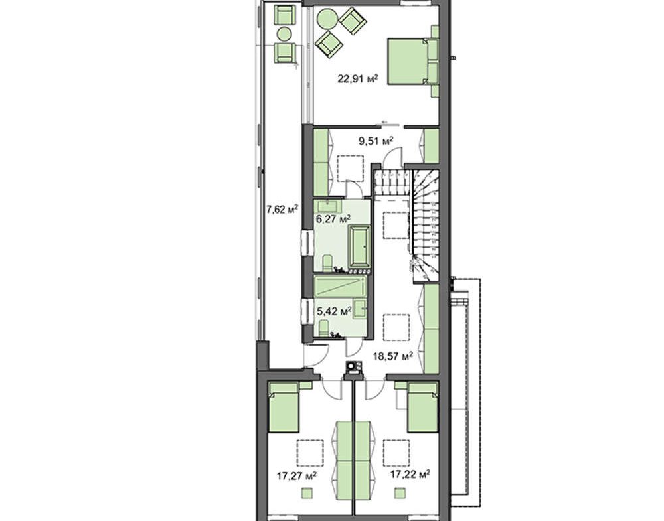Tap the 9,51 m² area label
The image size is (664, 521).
pos(376,141)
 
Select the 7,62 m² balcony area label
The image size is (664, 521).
pos(282,209)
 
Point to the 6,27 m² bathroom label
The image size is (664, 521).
pos(333,219)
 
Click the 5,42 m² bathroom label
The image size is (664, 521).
pos(334,311)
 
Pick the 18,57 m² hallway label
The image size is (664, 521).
pos(392,356)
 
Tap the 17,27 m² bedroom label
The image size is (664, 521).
pos(297,476)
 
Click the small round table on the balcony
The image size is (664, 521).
pos(284,33)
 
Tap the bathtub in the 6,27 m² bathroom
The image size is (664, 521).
pos(359,248)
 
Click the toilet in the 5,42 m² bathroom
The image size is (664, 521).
pos(323,328)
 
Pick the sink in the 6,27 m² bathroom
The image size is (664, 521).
pos(329,206)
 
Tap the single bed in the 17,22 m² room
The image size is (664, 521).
pos(422,407)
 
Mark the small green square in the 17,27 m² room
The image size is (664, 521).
pos(307,493)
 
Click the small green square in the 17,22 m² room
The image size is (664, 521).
pos(399,493)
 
